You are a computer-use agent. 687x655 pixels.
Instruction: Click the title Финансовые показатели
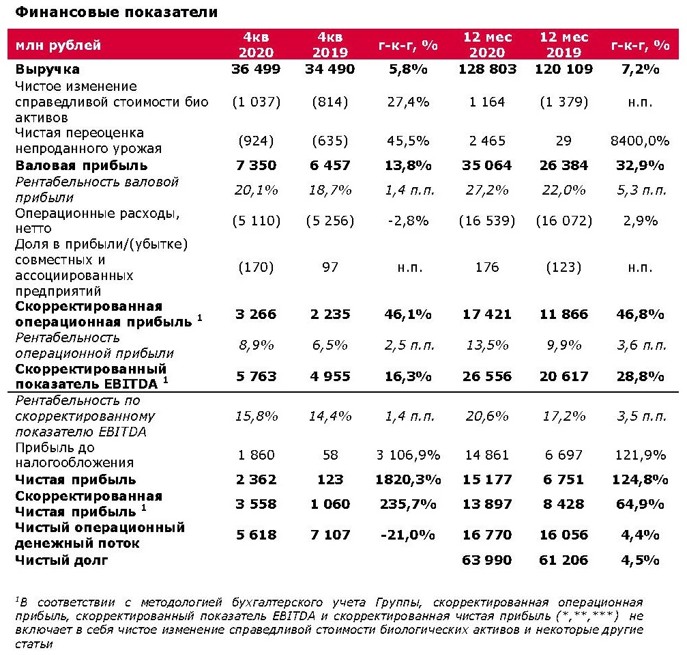(117, 13)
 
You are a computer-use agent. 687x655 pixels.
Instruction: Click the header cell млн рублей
(55, 46)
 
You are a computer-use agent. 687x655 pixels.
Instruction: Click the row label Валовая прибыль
(81, 165)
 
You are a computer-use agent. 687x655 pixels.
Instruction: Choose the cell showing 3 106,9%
(408, 455)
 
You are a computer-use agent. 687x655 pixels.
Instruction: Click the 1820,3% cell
(408, 479)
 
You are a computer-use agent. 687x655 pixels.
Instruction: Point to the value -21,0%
(408, 535)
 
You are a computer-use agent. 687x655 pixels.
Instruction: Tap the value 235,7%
(408, 503)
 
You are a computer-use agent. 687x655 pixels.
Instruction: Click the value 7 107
(330, 535)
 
